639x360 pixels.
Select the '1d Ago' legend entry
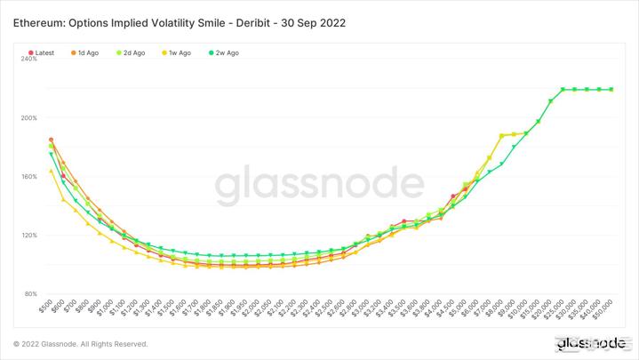pos(88,53)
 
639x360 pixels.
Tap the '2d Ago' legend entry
pos(132,53)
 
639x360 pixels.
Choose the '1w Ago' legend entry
pos(178,53)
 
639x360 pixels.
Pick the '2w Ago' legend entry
pos(225,53)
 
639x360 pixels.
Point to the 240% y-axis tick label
pos(28,59)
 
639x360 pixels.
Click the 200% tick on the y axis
pos(28,117)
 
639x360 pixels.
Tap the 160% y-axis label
pos(28,176)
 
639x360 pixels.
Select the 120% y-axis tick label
pos(28,235)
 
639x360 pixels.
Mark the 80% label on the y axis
pos(30,293)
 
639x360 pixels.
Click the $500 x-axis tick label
pos(46,308)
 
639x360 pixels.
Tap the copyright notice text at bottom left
pos(80,344)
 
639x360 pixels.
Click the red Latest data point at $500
pos(51,140)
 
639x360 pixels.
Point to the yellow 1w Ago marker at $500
pos(51,171)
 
